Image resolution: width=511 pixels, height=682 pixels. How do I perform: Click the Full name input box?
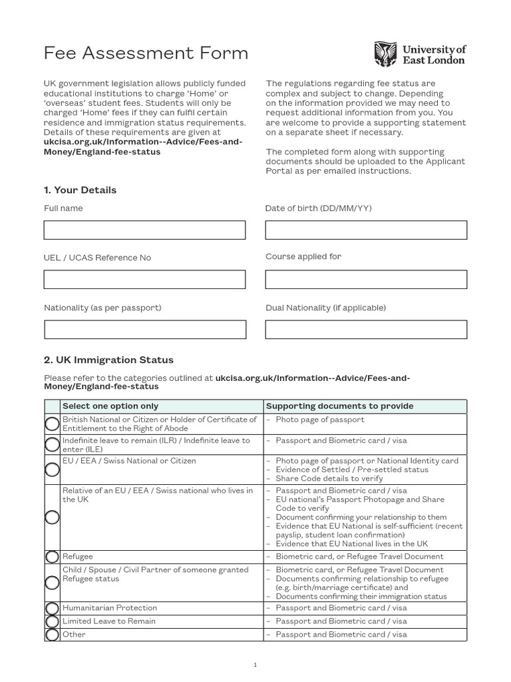pos(144,230)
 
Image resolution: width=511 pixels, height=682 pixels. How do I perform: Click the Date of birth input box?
pos(366,230)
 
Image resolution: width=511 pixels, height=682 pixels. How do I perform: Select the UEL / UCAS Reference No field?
pos(144,279)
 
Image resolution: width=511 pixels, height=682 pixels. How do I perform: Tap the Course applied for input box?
pos(366,279)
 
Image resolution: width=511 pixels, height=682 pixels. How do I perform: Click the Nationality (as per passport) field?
pos(144,329)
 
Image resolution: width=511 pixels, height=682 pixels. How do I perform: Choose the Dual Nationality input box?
pos(366,329)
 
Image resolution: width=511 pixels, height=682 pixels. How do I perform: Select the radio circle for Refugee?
pos(52,557)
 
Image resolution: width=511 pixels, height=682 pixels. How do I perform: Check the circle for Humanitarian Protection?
pos(52,608)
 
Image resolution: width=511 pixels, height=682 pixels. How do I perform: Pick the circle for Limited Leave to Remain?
pos(52,621)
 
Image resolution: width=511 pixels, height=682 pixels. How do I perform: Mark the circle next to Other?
pos(52,635)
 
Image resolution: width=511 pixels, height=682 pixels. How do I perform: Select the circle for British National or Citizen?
pos(52,424)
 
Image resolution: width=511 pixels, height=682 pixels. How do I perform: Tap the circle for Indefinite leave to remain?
pos(52,445)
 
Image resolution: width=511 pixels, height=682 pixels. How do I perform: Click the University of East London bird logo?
pos(386,54)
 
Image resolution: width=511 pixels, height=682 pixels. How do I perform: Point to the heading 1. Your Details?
pos(80,190)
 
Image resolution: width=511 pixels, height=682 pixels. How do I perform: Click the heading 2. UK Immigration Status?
pos(108,360)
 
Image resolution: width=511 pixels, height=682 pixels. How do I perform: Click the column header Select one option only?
pos(110,406)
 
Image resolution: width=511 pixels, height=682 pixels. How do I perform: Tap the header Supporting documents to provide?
pos(339,406)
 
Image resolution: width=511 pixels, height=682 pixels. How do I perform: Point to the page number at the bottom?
pos(255,664)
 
